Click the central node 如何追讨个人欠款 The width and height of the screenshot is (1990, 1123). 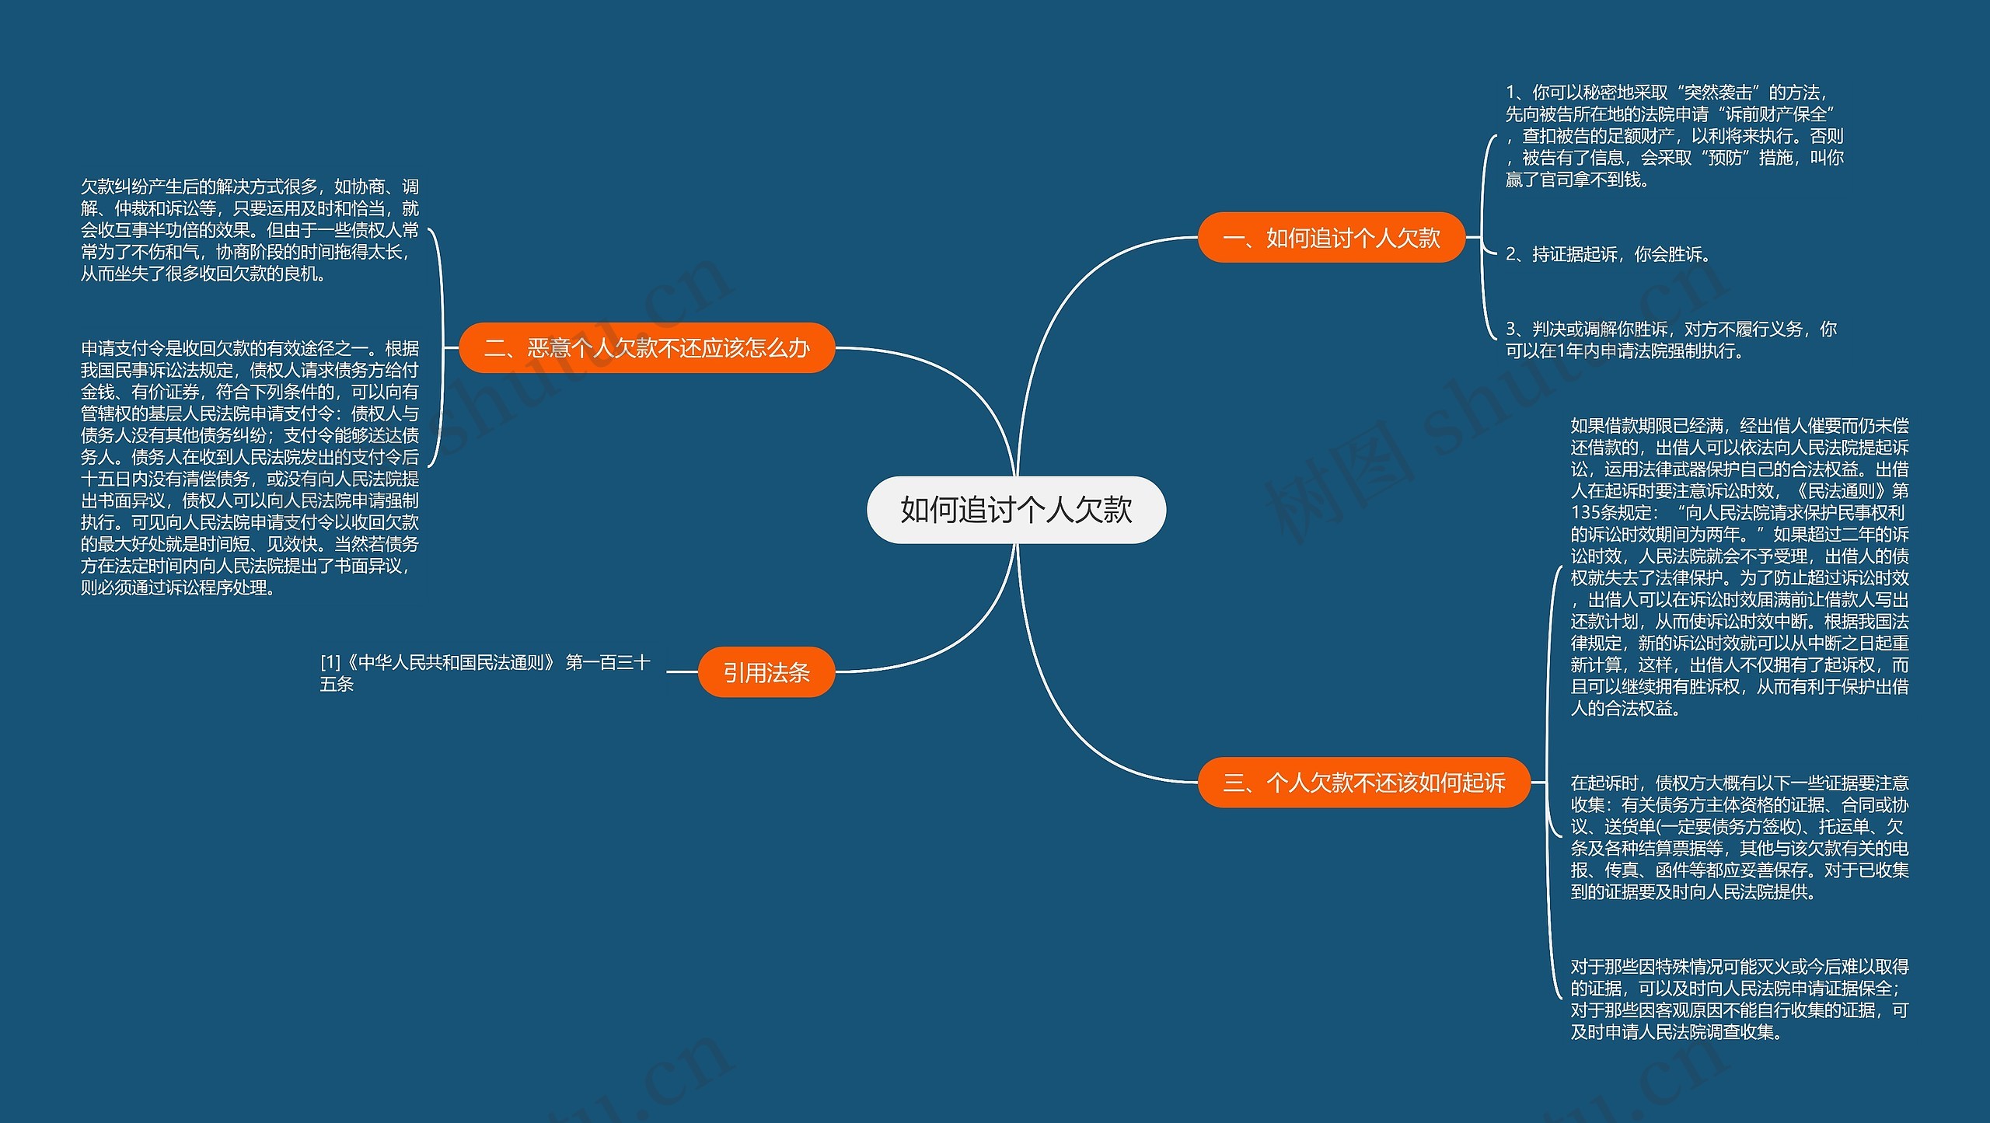[x=1016, y=510]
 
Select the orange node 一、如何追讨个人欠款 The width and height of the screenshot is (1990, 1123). [x=1331, y=238]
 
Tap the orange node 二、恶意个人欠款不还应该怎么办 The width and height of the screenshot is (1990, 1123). [x=647, y=347]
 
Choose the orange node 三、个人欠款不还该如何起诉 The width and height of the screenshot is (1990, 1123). [x=1363, y=782]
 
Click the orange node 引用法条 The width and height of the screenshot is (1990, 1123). [x=766, y=672]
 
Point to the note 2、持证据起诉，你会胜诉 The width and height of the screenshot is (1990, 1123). [x=1608, y=254]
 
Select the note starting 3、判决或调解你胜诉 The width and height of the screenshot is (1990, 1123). [x=1671, y=340]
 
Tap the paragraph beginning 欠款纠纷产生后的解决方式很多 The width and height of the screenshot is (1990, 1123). [x=250, y=230]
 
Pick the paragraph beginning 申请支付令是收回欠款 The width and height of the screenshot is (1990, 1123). [x=250, y=467]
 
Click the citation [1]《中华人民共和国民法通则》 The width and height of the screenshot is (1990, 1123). [x=484, y=672]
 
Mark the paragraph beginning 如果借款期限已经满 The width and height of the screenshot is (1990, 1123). [x=1739, y=567]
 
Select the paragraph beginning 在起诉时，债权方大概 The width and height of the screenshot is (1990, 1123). [x=1739, y=837]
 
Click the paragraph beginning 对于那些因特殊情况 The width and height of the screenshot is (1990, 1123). [x=1739, y=999]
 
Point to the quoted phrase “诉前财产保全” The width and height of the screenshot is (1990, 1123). [x=1775, y=114]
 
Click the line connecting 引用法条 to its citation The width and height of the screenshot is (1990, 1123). [x=682, y=672]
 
